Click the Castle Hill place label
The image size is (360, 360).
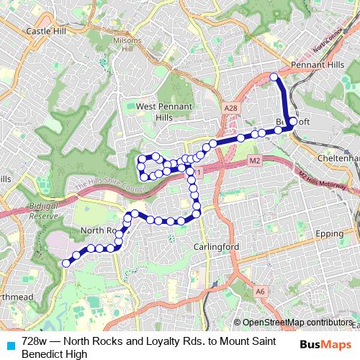point(45,32)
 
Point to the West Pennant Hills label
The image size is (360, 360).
point(164,112)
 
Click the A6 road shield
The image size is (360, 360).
point(261,291)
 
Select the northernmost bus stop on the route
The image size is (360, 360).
point(274,76)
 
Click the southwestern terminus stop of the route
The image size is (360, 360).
point(66,264)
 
